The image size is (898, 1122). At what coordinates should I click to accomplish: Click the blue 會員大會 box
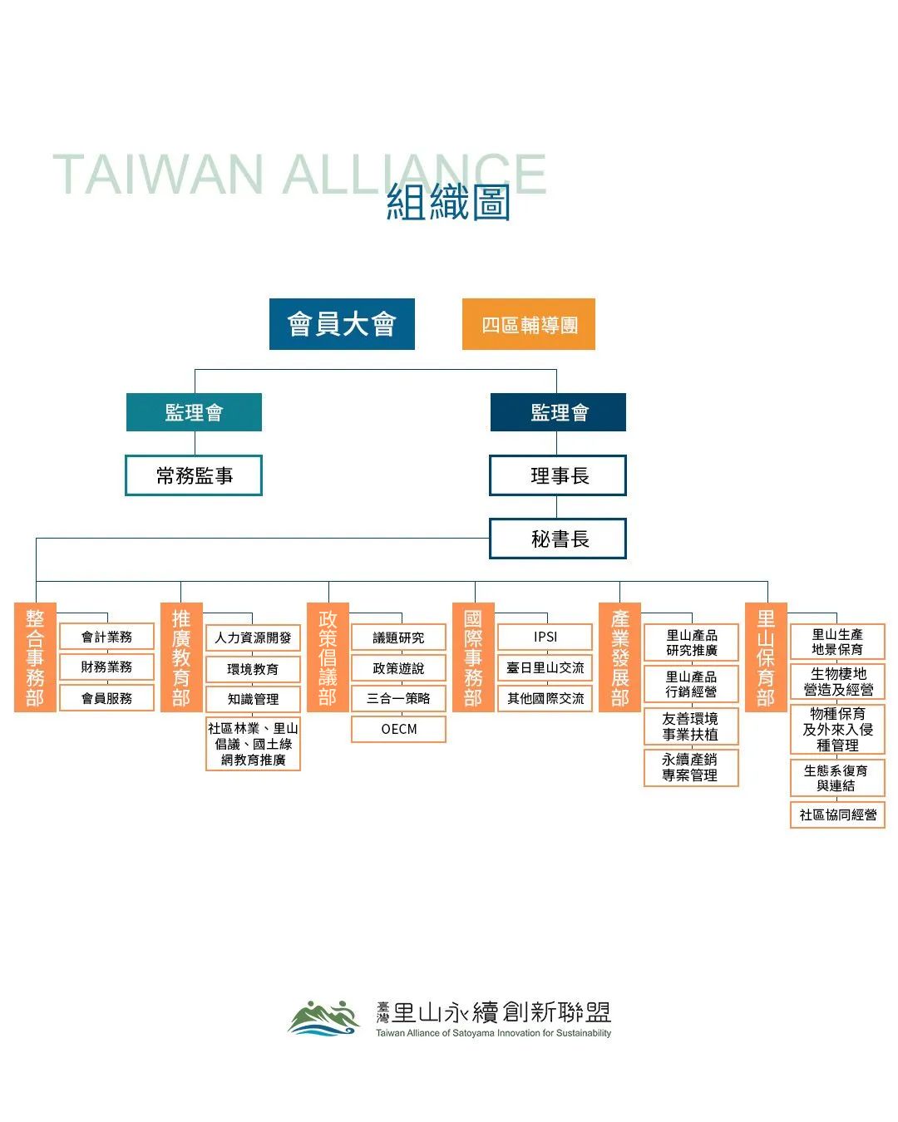(x=342, y=324)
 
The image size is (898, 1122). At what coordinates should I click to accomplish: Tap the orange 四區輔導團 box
(x=529, y=324)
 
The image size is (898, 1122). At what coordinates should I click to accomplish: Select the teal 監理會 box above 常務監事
(x=194, y=412)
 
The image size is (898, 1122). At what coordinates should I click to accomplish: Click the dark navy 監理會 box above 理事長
(x=558, y=412)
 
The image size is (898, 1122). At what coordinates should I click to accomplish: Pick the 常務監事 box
(x=194, y=475)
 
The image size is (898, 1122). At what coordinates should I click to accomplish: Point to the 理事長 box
(x=558, y=475)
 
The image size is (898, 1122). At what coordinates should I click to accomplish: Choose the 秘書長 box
(x=558, y=538)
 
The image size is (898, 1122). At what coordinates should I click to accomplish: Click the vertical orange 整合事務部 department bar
(x=35, y=657)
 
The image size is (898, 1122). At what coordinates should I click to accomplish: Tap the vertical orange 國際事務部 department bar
(x=473, y=657)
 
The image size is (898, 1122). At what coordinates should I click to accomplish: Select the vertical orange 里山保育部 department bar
(x=766, y=657)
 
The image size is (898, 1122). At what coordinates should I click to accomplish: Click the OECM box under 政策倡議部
(x=398, y=729)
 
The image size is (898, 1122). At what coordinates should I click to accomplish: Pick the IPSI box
(x=545, y=637)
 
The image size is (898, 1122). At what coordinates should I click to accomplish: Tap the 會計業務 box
(x=107, y=636)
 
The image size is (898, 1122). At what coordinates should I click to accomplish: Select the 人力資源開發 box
(x=253, y=637)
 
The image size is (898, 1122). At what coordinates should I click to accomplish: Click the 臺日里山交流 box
(x=545, y=667)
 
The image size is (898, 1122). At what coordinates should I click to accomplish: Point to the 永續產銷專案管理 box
(x=691, y=767)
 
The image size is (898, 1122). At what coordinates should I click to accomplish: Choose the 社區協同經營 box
(x=838, y=814)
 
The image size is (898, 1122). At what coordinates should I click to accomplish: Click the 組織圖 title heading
(x=448, y=202)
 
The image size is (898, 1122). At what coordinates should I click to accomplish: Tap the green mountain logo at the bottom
(x=323, y=1017)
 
